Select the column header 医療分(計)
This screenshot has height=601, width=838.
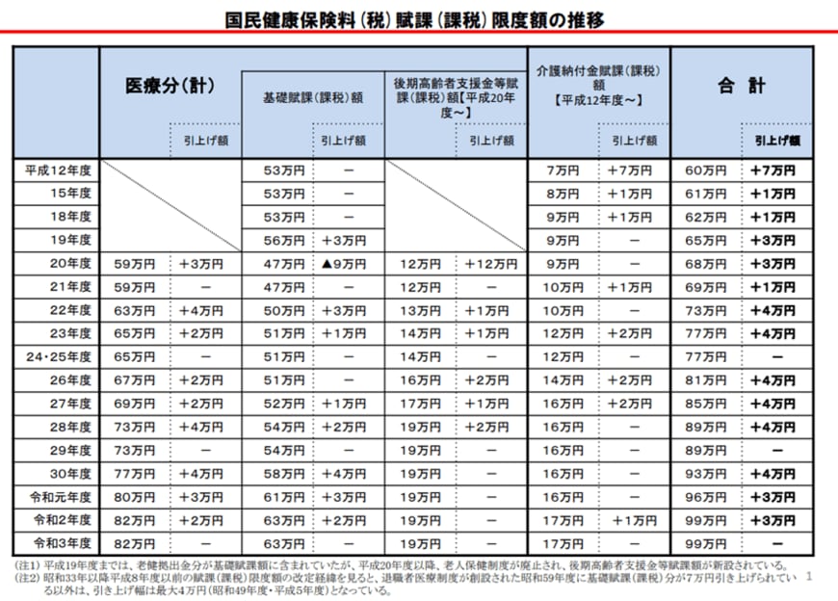170,86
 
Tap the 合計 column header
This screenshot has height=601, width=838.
741,86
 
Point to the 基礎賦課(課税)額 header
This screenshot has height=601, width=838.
312,97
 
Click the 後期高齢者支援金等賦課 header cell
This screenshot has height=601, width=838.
456,97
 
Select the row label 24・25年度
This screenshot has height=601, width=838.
59,355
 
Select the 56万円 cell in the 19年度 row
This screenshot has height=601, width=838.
276,240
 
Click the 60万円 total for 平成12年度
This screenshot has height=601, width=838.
706,170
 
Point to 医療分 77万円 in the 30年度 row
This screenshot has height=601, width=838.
135,472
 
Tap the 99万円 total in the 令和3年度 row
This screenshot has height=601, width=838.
706,541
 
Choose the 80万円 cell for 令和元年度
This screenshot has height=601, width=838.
135,495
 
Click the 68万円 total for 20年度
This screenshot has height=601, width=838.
706,263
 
